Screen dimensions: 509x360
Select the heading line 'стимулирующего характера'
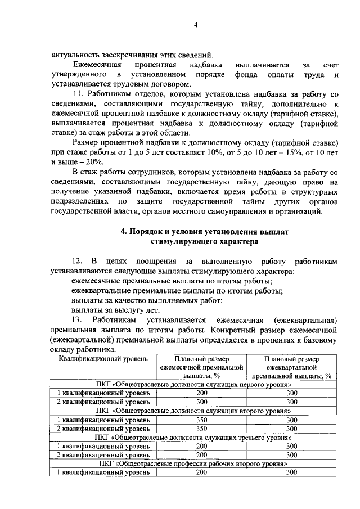(x=197, y=242)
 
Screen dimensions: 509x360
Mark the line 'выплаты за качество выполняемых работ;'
(x=139, y=300)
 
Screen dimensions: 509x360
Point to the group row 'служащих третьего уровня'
(x=197, y=437)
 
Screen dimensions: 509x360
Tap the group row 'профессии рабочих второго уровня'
(x=197, y=463)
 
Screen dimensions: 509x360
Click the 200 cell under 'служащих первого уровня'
(x=202, y=393)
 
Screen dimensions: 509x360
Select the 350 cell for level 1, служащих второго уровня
(x=202, y=420)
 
